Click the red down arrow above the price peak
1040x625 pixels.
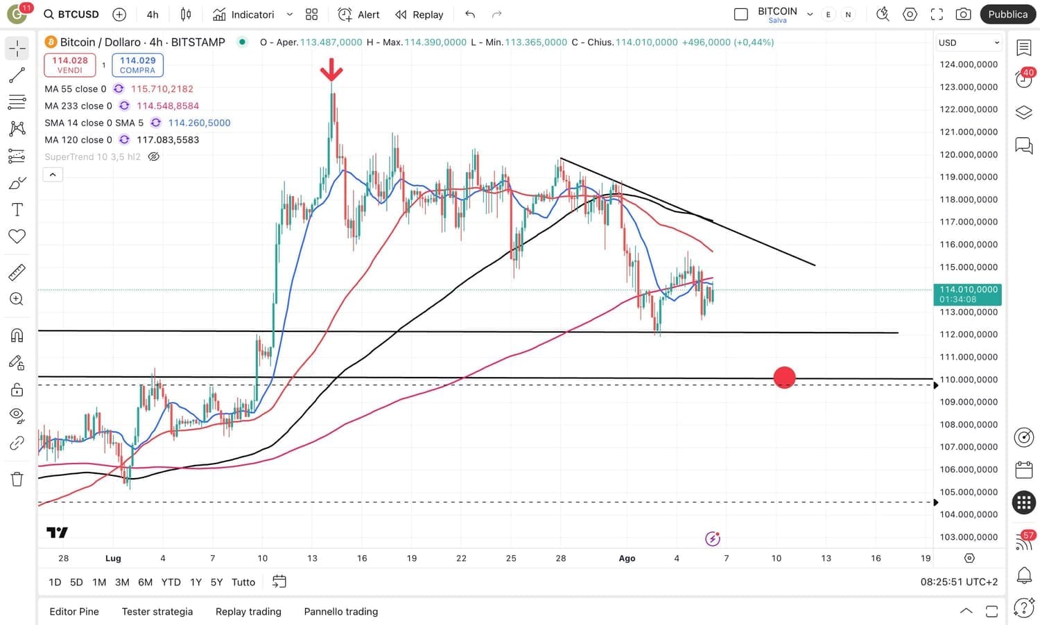(x=331, y=69)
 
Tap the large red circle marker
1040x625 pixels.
(x=784, y=378)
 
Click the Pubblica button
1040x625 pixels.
(x=1007, y=14)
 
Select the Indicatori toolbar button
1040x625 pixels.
(x=244, y=15)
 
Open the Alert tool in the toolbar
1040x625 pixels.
(x=359, y=15)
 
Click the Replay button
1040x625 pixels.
(x=419, y=15)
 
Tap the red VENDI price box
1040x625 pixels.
(x=69, y=65)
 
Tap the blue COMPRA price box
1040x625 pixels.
(x=137, y=65)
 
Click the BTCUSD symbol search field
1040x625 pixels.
(x=71, y=15)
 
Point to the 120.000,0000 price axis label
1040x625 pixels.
(x=969, y=155)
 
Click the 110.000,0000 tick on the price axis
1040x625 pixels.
(x=969, y=380)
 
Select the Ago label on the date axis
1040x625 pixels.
(x=627, y=558)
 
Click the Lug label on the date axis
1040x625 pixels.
(x=113, y=558)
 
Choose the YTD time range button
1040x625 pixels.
(x=171, y=582)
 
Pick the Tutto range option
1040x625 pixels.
(x=243, y=582)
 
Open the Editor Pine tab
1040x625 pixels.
(x=74, y=611)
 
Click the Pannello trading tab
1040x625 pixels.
(x=341, y=611)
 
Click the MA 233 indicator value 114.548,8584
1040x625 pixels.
(x=168, y=106)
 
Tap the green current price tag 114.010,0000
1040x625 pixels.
(x=968, y=294)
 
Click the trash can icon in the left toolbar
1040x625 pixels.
(x=17, y=479)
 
